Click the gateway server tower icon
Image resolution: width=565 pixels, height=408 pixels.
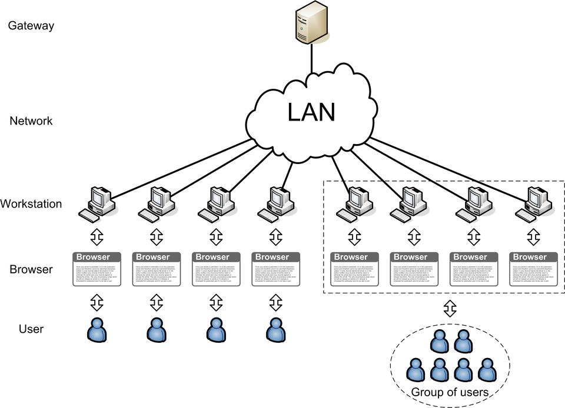311,21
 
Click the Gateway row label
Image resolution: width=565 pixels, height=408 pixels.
31,26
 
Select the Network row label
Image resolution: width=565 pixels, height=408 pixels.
31,121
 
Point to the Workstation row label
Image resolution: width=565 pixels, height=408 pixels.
31,205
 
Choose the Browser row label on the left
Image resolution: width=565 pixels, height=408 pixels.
31,270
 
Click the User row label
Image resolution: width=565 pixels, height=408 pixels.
31,329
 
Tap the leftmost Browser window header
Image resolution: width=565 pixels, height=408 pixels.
98,257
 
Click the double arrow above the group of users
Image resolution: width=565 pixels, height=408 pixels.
450,307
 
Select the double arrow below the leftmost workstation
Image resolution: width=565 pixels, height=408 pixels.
97,237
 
